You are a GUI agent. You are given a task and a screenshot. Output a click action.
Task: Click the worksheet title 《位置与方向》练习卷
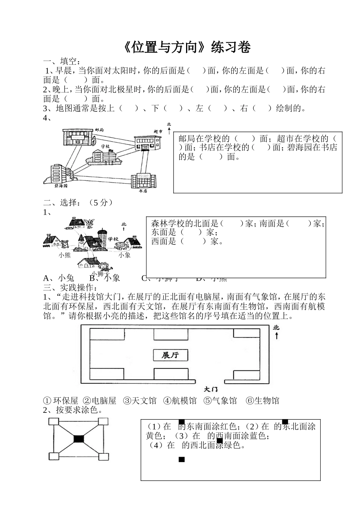[187, 47]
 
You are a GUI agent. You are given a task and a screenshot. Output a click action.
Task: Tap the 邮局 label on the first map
[99, 130]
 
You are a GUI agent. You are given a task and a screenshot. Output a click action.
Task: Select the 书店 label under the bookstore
[142, 191]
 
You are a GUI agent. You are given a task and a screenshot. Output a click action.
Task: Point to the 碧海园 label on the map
[61, 186]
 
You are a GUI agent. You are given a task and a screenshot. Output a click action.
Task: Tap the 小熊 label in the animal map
[65, 255]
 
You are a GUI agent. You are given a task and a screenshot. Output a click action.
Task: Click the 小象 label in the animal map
[124, 255]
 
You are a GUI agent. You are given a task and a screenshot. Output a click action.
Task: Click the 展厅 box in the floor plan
[170, 355]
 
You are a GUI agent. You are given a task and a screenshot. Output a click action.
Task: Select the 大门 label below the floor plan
[211, 389]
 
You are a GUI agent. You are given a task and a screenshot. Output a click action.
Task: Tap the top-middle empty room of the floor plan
[170, 334]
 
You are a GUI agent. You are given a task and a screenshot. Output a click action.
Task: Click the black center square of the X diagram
[78, 439]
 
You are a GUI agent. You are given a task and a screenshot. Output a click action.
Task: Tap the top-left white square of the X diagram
[53, 422]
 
